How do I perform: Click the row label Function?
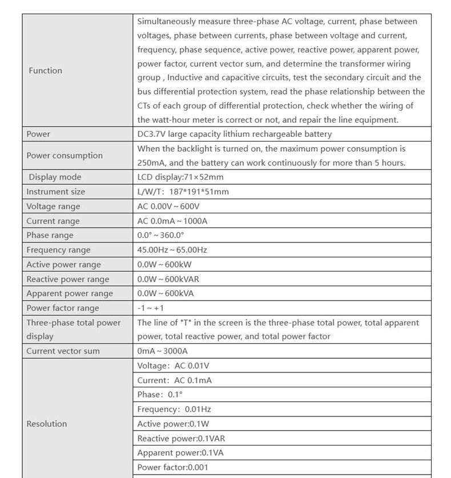coord(45,71)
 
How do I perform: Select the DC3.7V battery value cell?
coord(234,134)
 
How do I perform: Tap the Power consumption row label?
coord(65,156)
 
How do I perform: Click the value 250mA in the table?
coord(150,163)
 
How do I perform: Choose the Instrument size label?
coord(55,192)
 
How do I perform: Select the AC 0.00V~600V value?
coord(172,206)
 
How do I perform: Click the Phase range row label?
coord(50,236)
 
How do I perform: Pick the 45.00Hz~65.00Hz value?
coord(172,250)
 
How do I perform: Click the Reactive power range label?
coord(67,279)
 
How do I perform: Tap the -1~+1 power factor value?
coord(151,309)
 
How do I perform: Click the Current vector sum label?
coord(63,351)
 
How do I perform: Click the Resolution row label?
coord(46,424)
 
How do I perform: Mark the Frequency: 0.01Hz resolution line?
coord(174,410)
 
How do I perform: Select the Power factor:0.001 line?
coord(172,468)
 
